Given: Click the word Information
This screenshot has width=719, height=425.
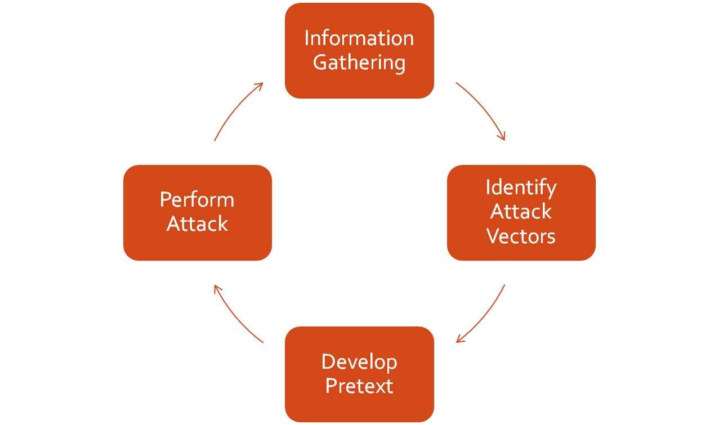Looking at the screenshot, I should click(x=359, y=38).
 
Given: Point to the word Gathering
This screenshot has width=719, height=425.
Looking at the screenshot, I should click(x=359, y=62).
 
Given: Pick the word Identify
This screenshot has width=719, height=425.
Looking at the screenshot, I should click(x=521, y=187).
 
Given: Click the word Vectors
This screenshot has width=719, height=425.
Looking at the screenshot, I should click(x=521, y=236).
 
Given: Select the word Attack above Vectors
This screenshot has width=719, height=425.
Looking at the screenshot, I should click(x=521, y=212).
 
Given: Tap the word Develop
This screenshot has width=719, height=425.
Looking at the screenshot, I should click(x=359, y=361).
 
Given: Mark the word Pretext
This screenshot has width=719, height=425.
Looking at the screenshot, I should click(x=359, y=386).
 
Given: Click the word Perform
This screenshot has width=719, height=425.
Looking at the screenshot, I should click(x=197, y=199).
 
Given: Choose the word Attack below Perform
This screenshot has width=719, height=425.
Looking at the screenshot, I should click(x=197, y=224).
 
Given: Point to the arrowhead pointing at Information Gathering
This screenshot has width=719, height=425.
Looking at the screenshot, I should click(x=260, y=85).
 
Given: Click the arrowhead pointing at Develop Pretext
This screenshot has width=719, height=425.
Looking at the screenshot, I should click(x=459, y=339).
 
